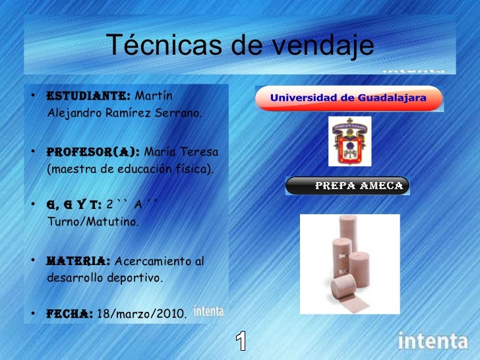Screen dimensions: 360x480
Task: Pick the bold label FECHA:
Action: [x=69, y=313]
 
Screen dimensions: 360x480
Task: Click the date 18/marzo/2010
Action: [x=142, y=313]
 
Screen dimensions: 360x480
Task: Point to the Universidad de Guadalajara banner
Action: [x=349, y=99]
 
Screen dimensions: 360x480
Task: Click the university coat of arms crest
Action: [x=350, y=142]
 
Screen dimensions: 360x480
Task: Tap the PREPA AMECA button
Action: [x=347, y=186]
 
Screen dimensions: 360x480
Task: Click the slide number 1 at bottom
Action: [x=242, y=341]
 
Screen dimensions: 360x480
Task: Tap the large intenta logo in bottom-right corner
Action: [x=433, y=342]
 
